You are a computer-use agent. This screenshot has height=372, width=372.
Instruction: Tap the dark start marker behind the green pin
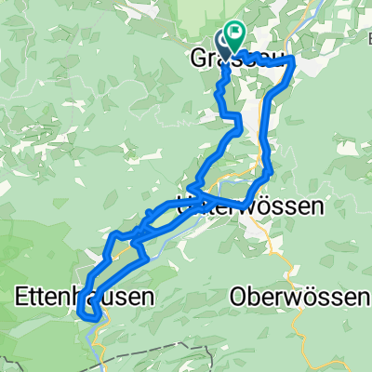[224, 42]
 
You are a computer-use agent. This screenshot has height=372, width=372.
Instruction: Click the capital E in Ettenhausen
[22, 297]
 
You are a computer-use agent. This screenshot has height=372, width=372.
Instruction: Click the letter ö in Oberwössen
[302, 297]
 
